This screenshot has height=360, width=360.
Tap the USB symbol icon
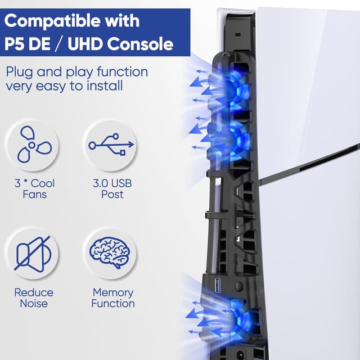click(111, 145)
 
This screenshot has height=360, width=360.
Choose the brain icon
click(111, 253)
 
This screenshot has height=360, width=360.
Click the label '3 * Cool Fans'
click(34, 189)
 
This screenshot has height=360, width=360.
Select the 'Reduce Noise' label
click(34, 298)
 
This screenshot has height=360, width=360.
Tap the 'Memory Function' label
click(113, 298)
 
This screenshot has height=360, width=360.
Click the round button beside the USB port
click(238, 286)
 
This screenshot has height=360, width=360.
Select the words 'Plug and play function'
click(77, 73)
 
